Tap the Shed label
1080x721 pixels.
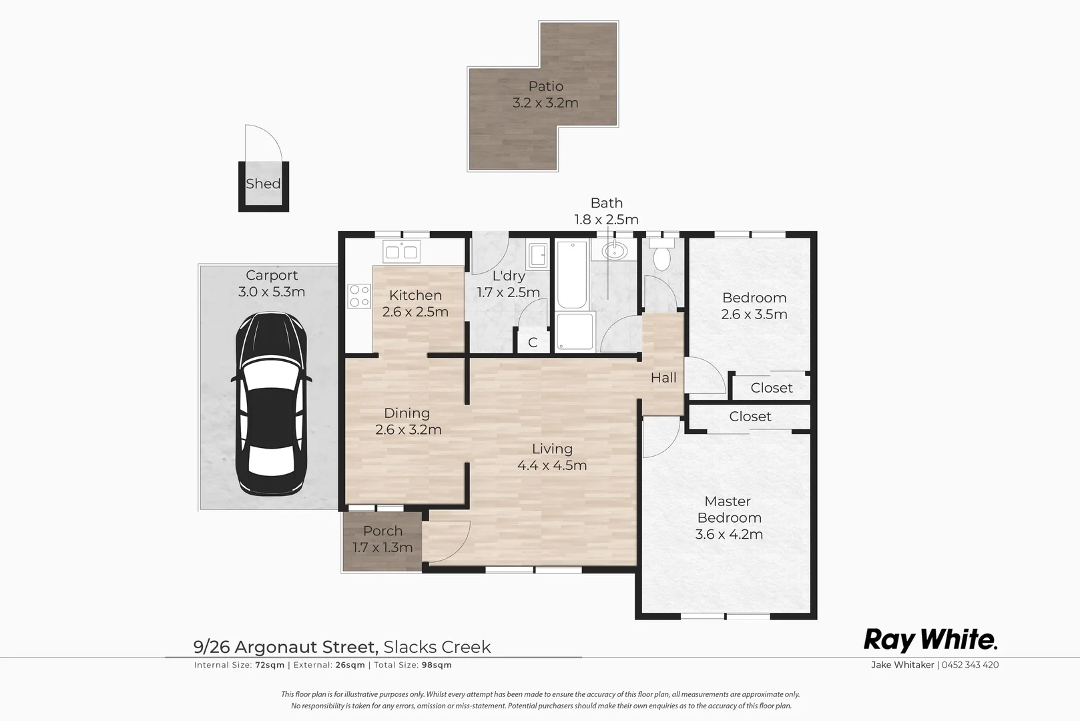262,184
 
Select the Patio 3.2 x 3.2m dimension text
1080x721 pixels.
545,103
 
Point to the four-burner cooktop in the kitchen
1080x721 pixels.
359,296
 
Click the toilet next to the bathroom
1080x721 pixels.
661,258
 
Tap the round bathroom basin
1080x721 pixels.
613,251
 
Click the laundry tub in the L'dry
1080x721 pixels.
538,254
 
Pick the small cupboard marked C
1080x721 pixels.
533,342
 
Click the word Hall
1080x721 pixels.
663,377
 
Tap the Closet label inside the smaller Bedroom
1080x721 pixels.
772,387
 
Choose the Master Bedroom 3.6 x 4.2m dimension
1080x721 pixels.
729,534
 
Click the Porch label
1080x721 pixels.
382,531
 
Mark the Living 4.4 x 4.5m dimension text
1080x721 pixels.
552,465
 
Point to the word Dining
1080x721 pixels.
407,413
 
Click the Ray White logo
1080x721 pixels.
930,640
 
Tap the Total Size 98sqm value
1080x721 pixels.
437,665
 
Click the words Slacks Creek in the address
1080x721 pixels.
437,647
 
